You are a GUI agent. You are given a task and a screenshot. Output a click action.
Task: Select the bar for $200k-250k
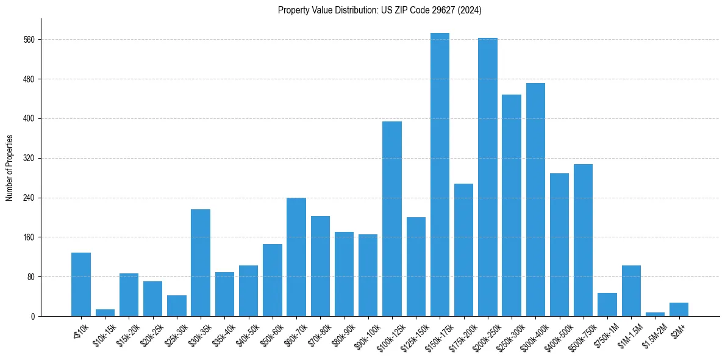(488, 177)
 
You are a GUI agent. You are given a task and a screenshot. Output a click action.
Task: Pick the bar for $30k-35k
(201, 262)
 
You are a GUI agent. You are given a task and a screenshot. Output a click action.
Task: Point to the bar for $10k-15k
(105, 312)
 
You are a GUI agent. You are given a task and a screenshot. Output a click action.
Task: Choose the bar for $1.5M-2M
(655, 314)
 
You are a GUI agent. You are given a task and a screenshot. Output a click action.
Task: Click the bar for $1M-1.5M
(631, 290)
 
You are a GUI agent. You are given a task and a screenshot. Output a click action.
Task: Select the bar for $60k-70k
(296, 257)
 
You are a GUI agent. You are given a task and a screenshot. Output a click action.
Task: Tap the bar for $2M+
(679, 309)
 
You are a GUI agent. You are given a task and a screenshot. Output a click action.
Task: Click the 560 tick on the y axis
(29, 40)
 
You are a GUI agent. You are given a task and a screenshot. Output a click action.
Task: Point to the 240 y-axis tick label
(29, 198)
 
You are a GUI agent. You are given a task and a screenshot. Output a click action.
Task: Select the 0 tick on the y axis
(34, 316)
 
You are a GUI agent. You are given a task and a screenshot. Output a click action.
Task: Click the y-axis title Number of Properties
(9, 167)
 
